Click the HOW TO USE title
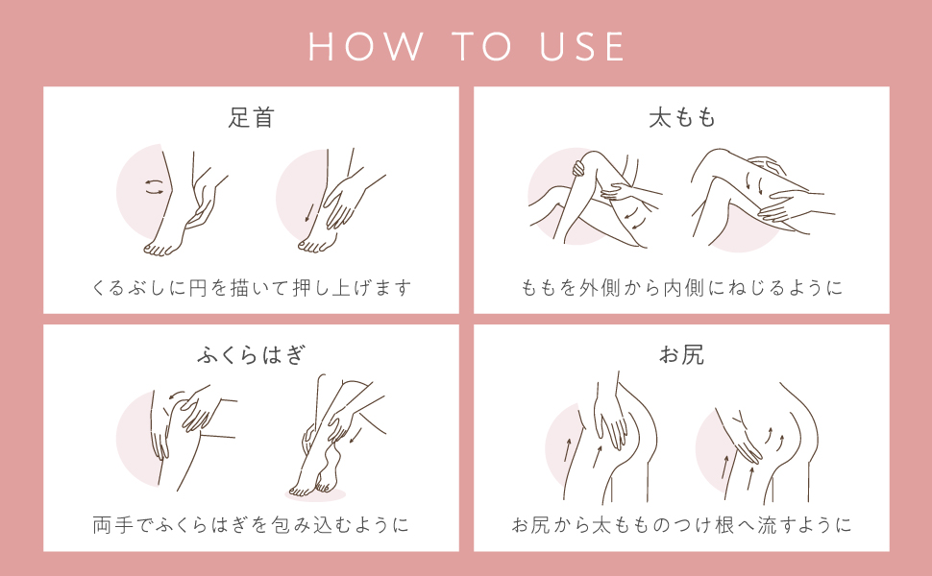coord(466,47)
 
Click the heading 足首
coord(251,118)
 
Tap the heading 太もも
coord(681,118)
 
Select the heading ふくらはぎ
coord(251,355)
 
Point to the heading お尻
coord(681,355)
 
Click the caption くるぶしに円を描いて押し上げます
coord(251,287)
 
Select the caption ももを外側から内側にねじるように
coord(681,287)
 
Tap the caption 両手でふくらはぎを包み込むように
coord(251,525)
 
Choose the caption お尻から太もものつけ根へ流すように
coord(681,525)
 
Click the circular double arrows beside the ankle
coord(154,188)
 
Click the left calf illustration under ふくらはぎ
coord(178,432)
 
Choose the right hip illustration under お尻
coord(759,442)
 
